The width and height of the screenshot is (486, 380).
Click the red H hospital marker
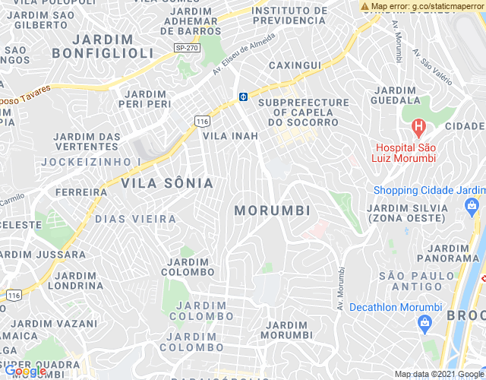tap(417, 126)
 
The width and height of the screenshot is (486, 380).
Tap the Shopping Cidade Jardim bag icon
tap(472, 205)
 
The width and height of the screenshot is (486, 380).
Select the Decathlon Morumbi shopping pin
tap(424, 325)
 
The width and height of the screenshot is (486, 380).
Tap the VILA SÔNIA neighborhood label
tap(167, 183)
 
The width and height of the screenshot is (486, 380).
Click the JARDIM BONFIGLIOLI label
tap(103, 46)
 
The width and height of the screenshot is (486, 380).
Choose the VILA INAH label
tap(230, 136)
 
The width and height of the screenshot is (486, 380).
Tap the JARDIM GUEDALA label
tap(395, 95)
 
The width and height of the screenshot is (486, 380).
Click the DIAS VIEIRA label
tap(136, 219)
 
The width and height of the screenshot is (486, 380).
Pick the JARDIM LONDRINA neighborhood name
tap(79, 280)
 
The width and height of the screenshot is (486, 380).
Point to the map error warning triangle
tap(366, 6)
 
